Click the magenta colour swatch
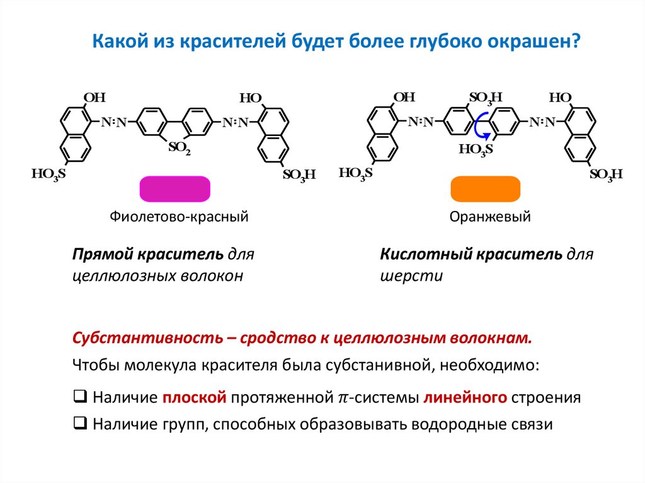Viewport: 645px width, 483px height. pos(174,189)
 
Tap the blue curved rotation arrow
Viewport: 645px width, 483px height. pos(480,125)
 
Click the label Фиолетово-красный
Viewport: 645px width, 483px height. pos(180,217)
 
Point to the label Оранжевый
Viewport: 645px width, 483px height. pos(490,217)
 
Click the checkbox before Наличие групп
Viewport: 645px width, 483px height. pos(80,423)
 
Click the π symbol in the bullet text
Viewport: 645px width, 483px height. pos(343,398)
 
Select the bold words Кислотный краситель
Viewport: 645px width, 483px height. pos(471,254)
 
